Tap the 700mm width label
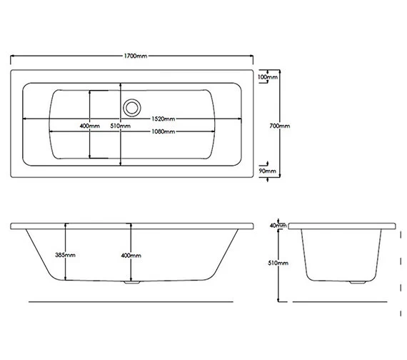tap(281, 126)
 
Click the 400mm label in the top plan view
tap(89, 126)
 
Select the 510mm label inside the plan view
tap(121, 126)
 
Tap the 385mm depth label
tap(65, 255)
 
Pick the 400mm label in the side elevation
tap(131, 255)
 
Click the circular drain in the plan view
tap(131, 107)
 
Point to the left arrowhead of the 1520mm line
tap(26, 119)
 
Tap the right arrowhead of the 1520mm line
tap(239, 119)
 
